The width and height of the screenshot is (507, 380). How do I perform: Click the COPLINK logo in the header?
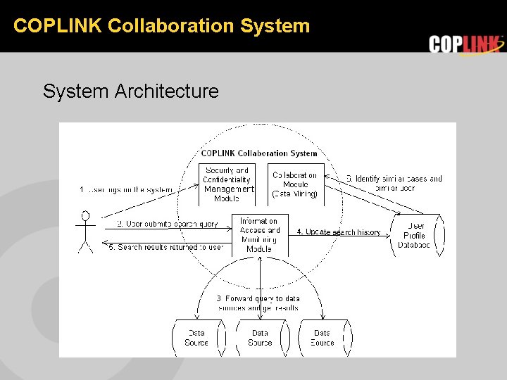pos(466,44)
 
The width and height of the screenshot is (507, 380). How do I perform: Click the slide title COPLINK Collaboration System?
pos(161,26)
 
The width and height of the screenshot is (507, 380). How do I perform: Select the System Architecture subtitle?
pos(130,91)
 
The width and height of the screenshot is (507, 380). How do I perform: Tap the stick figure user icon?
pos(85,231)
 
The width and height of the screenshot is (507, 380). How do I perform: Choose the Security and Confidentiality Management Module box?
pos(227,184)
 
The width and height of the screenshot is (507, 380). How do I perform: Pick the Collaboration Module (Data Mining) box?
pos(295,184)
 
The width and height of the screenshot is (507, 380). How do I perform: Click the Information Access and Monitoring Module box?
pos(259,234)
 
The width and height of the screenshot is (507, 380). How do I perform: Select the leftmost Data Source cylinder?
pos(196,338)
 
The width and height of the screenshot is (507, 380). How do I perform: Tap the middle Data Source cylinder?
pos(260,338)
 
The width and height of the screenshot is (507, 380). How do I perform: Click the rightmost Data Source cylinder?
pos(323,338)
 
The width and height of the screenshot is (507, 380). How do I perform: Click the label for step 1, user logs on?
pos(127,189)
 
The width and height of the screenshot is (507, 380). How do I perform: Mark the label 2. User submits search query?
pos(168,224)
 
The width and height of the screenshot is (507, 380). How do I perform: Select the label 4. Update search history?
pos(339,232)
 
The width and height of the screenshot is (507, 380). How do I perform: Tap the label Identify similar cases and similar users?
pos(394,183)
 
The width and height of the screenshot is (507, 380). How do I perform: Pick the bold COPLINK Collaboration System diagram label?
pos(259,153)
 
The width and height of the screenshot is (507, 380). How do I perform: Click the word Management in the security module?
pos(227,189)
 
